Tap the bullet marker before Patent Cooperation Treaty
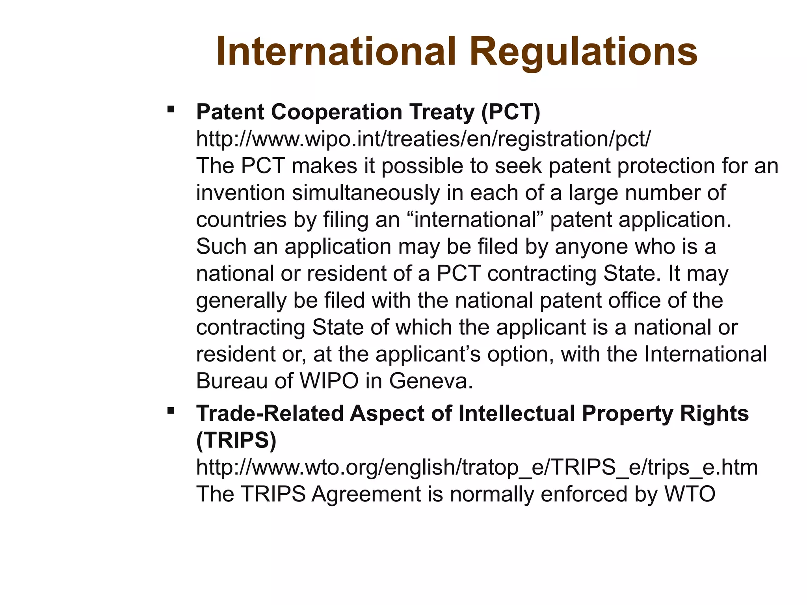tap(171, 109)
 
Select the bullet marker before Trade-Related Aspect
tap(171, 411)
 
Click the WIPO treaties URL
tap(424, 139)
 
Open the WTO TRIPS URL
tap(477, 467)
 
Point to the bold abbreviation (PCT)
tap(511, 112)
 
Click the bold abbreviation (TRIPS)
tap(236, 440)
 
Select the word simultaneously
tap(366, 193)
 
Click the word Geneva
tap(431, 381)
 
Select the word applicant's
tap(428, 354)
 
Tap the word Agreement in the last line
tap(366, 494)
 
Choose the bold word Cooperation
tap(336, 112)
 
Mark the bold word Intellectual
tap(517, 414)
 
